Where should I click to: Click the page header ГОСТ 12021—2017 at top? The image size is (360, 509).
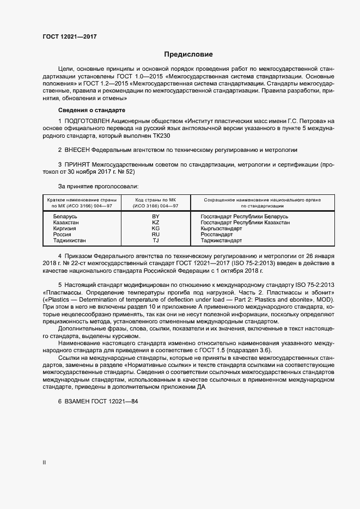coord(69,36)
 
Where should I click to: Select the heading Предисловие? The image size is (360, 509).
coord(188,54)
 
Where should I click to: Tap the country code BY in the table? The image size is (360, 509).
coord(155,217)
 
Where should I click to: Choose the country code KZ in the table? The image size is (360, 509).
coord(155,223)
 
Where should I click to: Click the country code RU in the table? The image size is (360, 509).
coord(155,235)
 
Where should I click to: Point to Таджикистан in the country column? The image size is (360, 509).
coord(69,240)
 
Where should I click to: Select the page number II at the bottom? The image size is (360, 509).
coord(44,463)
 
